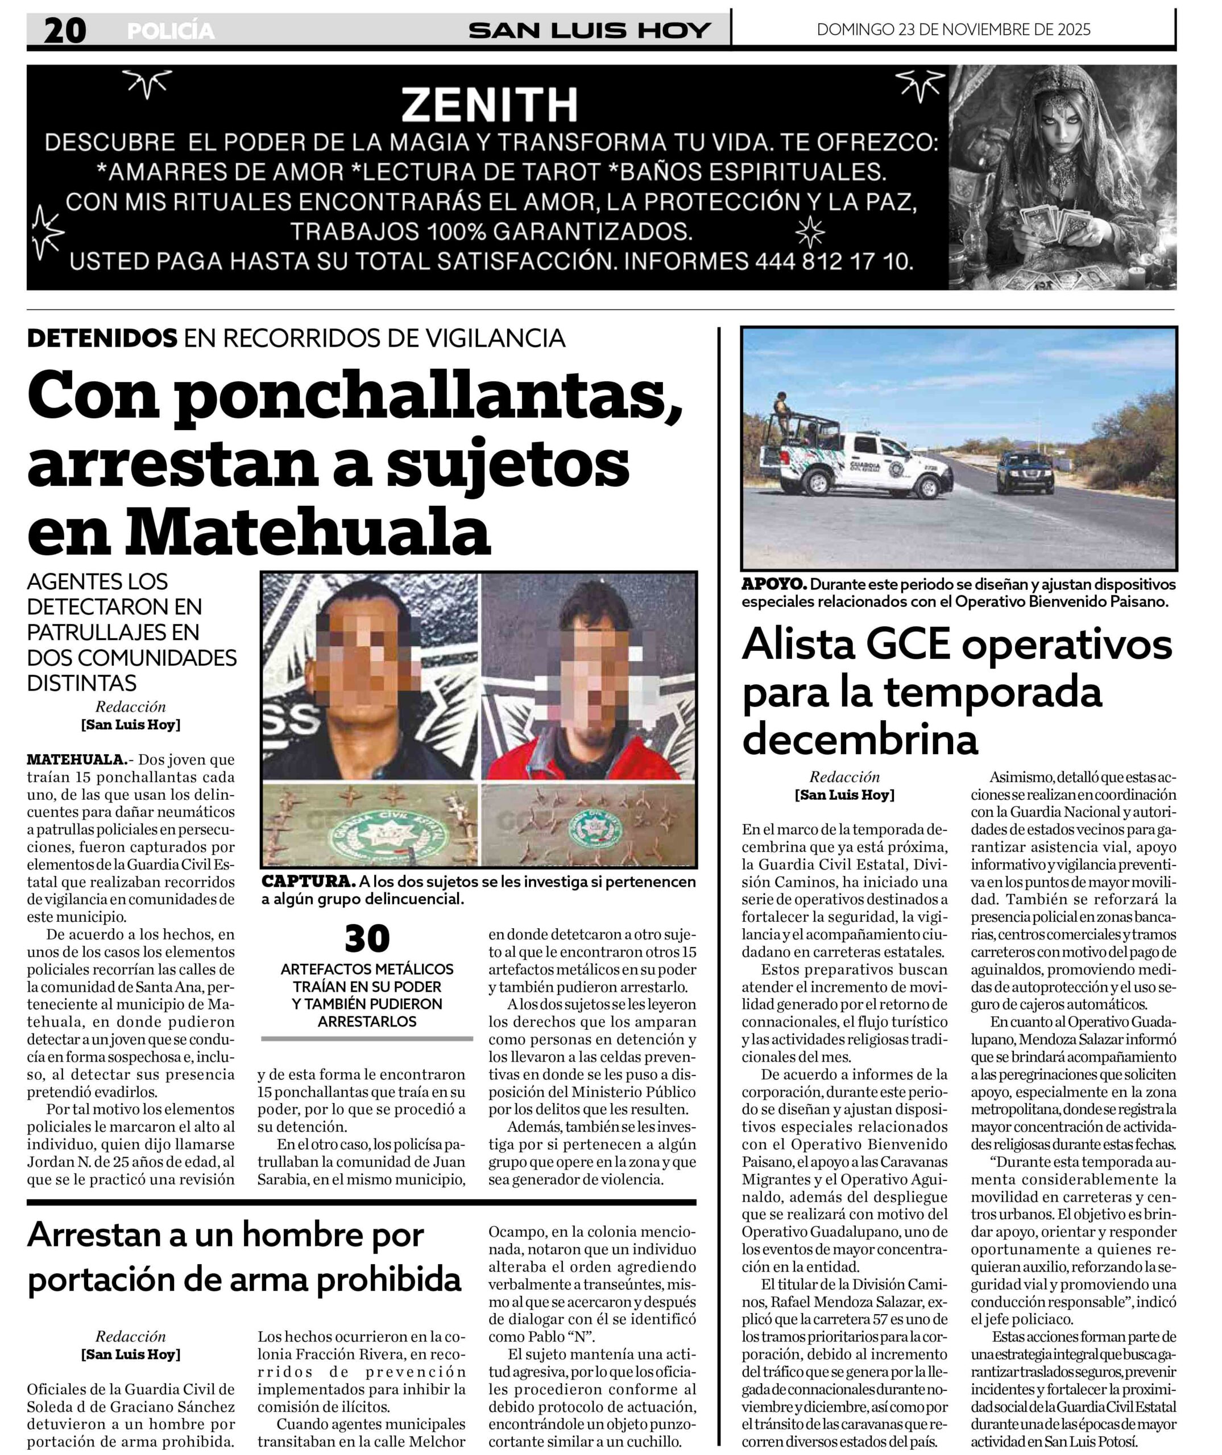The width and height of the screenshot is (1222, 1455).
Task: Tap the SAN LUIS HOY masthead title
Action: pos(590,31)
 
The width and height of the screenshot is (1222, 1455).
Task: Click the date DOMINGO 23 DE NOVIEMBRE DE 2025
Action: pos(953,30)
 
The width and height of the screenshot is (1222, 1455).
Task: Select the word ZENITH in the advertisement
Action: pos(490,104)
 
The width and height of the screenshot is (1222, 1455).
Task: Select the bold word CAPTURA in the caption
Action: pos(308,882)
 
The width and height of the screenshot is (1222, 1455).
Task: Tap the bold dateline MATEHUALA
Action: pos(76,760)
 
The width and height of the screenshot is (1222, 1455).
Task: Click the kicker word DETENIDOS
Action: pos(102,338)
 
